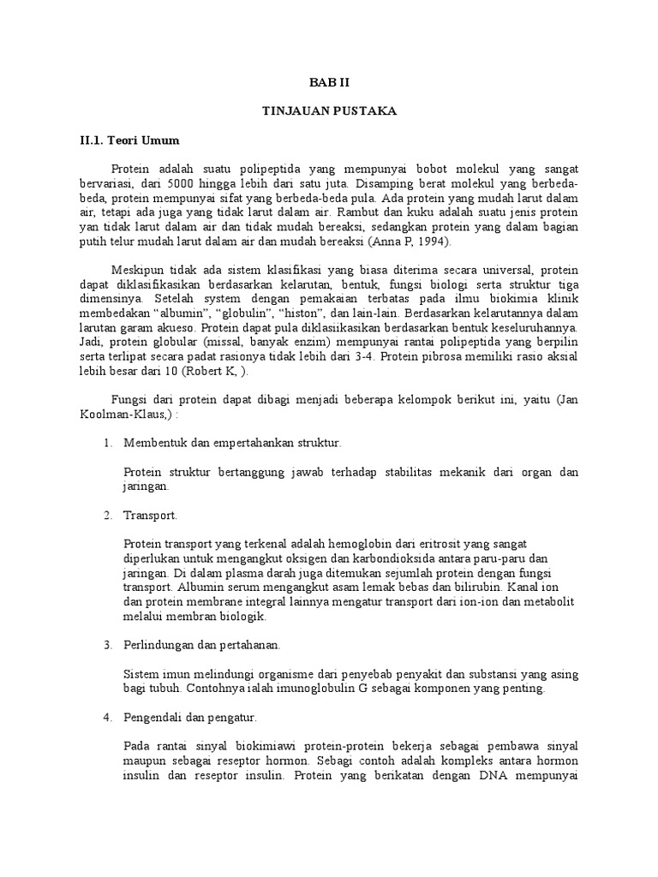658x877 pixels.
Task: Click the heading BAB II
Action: [x=329, y=83]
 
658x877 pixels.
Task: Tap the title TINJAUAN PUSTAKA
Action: [x=329, y=111]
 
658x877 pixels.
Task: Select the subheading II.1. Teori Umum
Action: [x=123, y=140]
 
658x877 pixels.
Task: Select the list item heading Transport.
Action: [x=151, y=516]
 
